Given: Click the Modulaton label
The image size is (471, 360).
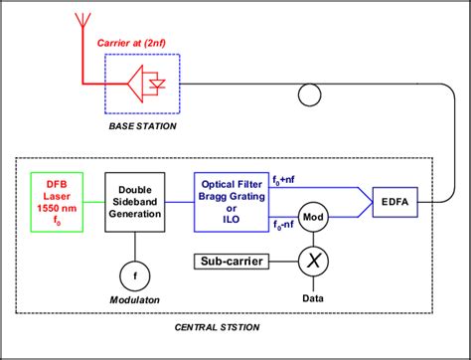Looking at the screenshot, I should (x=135, y=298).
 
